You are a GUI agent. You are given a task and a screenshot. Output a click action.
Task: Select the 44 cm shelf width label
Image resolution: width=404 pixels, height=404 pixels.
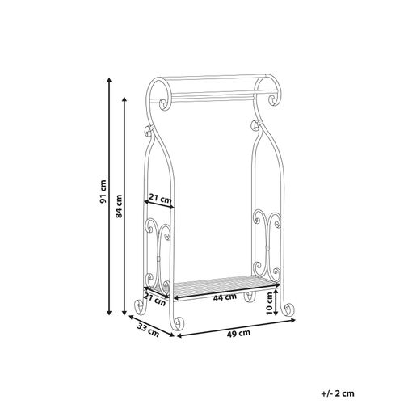coord(227,297)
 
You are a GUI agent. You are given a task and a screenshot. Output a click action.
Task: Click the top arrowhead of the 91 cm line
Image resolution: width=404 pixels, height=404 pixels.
coord(110,80)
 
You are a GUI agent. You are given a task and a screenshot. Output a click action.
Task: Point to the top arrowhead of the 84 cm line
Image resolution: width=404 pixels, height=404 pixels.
coord(127,99)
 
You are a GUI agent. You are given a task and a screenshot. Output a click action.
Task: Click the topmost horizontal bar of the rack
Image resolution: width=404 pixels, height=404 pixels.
coord(212,78)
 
